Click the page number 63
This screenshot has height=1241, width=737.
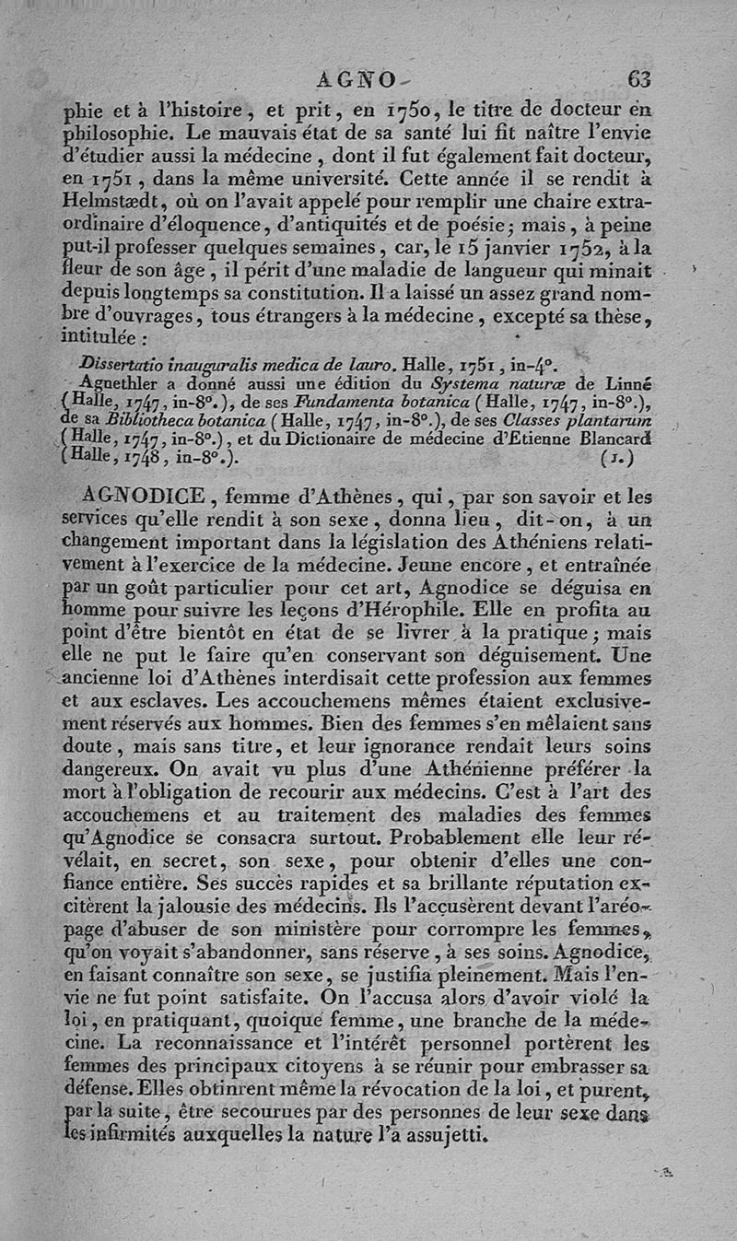pos(638,79)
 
